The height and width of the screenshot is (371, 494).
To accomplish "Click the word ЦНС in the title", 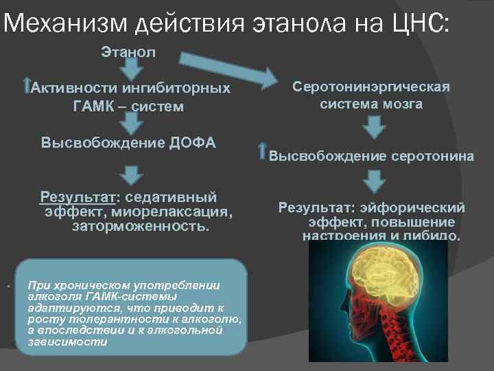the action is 418,25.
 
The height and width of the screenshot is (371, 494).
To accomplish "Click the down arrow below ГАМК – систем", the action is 128,124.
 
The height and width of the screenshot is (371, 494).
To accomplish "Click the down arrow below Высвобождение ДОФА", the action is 128,168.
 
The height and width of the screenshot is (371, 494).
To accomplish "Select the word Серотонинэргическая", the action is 371,87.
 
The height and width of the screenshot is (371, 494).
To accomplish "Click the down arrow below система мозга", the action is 373,126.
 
